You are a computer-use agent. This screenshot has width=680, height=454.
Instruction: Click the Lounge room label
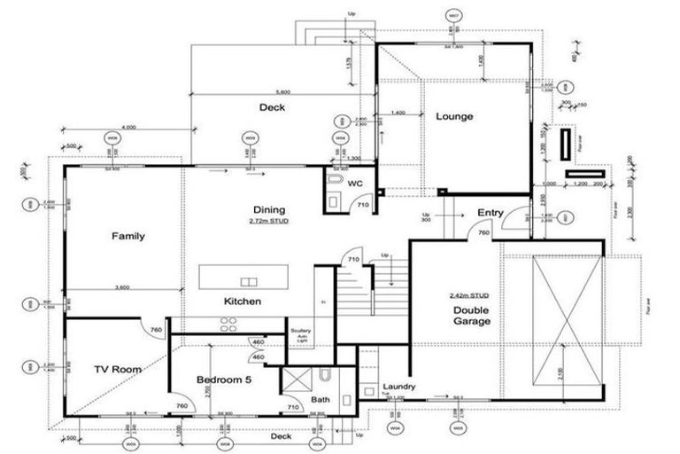453,116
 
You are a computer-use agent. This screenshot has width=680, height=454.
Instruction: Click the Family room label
127,236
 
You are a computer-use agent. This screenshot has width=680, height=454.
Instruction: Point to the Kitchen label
242,301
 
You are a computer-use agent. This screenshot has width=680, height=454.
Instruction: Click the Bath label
320,400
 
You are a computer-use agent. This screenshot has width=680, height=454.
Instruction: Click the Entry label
491,213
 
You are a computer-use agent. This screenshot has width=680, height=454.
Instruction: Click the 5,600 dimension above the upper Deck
283,92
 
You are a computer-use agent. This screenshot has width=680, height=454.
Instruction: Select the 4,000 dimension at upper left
129,128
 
